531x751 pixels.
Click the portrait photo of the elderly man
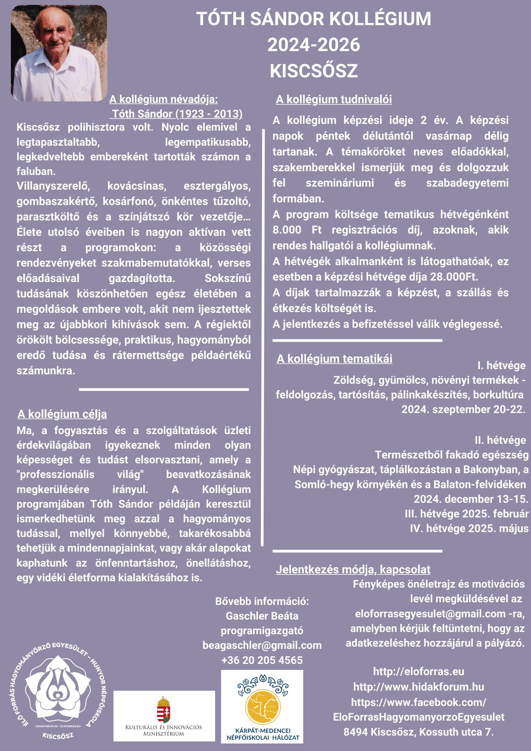pos(59,53)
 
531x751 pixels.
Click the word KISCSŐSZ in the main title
pos(314,71)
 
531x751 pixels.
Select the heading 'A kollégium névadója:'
pos(163,100)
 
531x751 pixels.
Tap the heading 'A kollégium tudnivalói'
pos(333,100)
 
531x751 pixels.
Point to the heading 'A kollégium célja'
pos(62,414)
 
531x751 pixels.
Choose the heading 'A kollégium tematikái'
pos(334,359)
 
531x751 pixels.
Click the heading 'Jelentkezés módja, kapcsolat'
pos(353,570)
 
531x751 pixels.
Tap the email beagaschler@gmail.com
pos(262,645)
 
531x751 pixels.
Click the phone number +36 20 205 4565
pos(262,660)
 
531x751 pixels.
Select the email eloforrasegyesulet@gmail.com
pos(430,614)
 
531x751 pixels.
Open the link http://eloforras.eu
pos(418,671)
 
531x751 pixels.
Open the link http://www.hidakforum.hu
pos(418,687)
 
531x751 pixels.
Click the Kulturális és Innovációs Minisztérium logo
pos(164,716)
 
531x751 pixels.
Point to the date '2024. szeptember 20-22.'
pos(463,409)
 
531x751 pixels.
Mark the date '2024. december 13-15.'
pos(471,499)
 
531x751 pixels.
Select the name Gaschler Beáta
pos(262,616)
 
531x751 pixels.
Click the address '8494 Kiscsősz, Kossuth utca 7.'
pos(418,732)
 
